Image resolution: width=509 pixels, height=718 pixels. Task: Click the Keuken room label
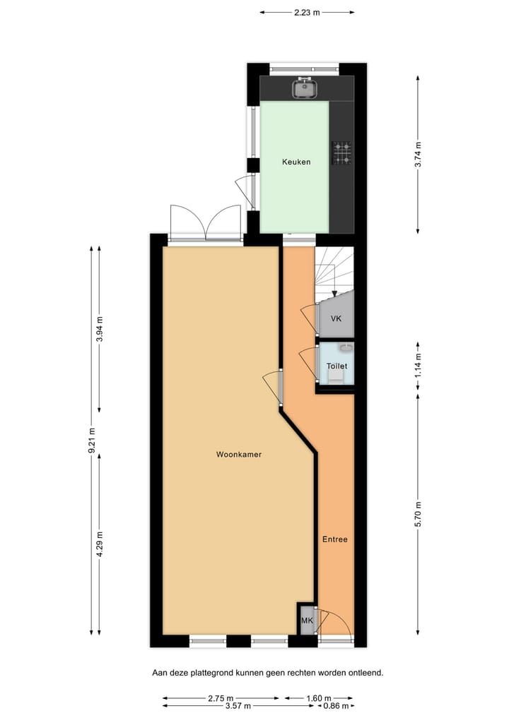point(296,162)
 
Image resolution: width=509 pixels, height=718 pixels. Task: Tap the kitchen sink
point(305,88)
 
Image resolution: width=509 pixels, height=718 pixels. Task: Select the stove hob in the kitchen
point(342,153)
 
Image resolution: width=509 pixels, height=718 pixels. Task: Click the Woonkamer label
point(239,455)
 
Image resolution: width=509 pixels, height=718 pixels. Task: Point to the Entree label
point(335,539)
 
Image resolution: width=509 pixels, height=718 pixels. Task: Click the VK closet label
point(337,318)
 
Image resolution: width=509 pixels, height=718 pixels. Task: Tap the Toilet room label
point(337,366)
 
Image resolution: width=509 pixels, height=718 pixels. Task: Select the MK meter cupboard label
point(307,621)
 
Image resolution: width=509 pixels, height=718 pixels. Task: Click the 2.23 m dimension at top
point(307,12)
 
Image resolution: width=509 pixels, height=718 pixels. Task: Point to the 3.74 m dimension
point(419,155)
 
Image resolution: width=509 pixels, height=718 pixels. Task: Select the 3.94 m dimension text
point(99,328)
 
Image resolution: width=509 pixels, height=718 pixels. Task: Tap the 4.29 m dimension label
point(99,544)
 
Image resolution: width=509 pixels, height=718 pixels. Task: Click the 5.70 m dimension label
point(419,513)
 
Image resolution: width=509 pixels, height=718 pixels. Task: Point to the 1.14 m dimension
point(419,366)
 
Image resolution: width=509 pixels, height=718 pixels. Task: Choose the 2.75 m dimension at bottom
point(221,698)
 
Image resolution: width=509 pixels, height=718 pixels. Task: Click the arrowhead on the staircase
point(334,293)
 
